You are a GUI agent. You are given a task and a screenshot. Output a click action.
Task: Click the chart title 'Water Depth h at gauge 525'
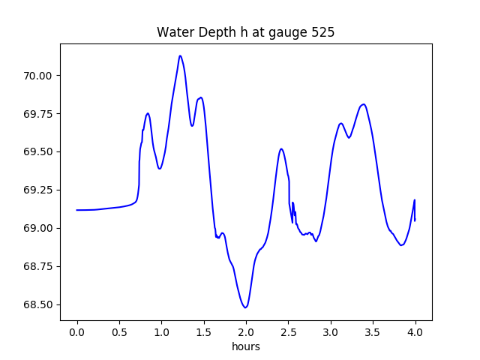coord(245,33)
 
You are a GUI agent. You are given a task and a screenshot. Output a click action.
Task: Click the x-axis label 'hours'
coord(246,347)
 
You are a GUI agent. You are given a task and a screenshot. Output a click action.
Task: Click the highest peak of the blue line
coord(180,55)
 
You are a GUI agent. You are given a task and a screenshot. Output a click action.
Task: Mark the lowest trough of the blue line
coord(245,307)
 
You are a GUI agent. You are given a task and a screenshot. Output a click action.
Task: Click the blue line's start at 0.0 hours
coord(77,210)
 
